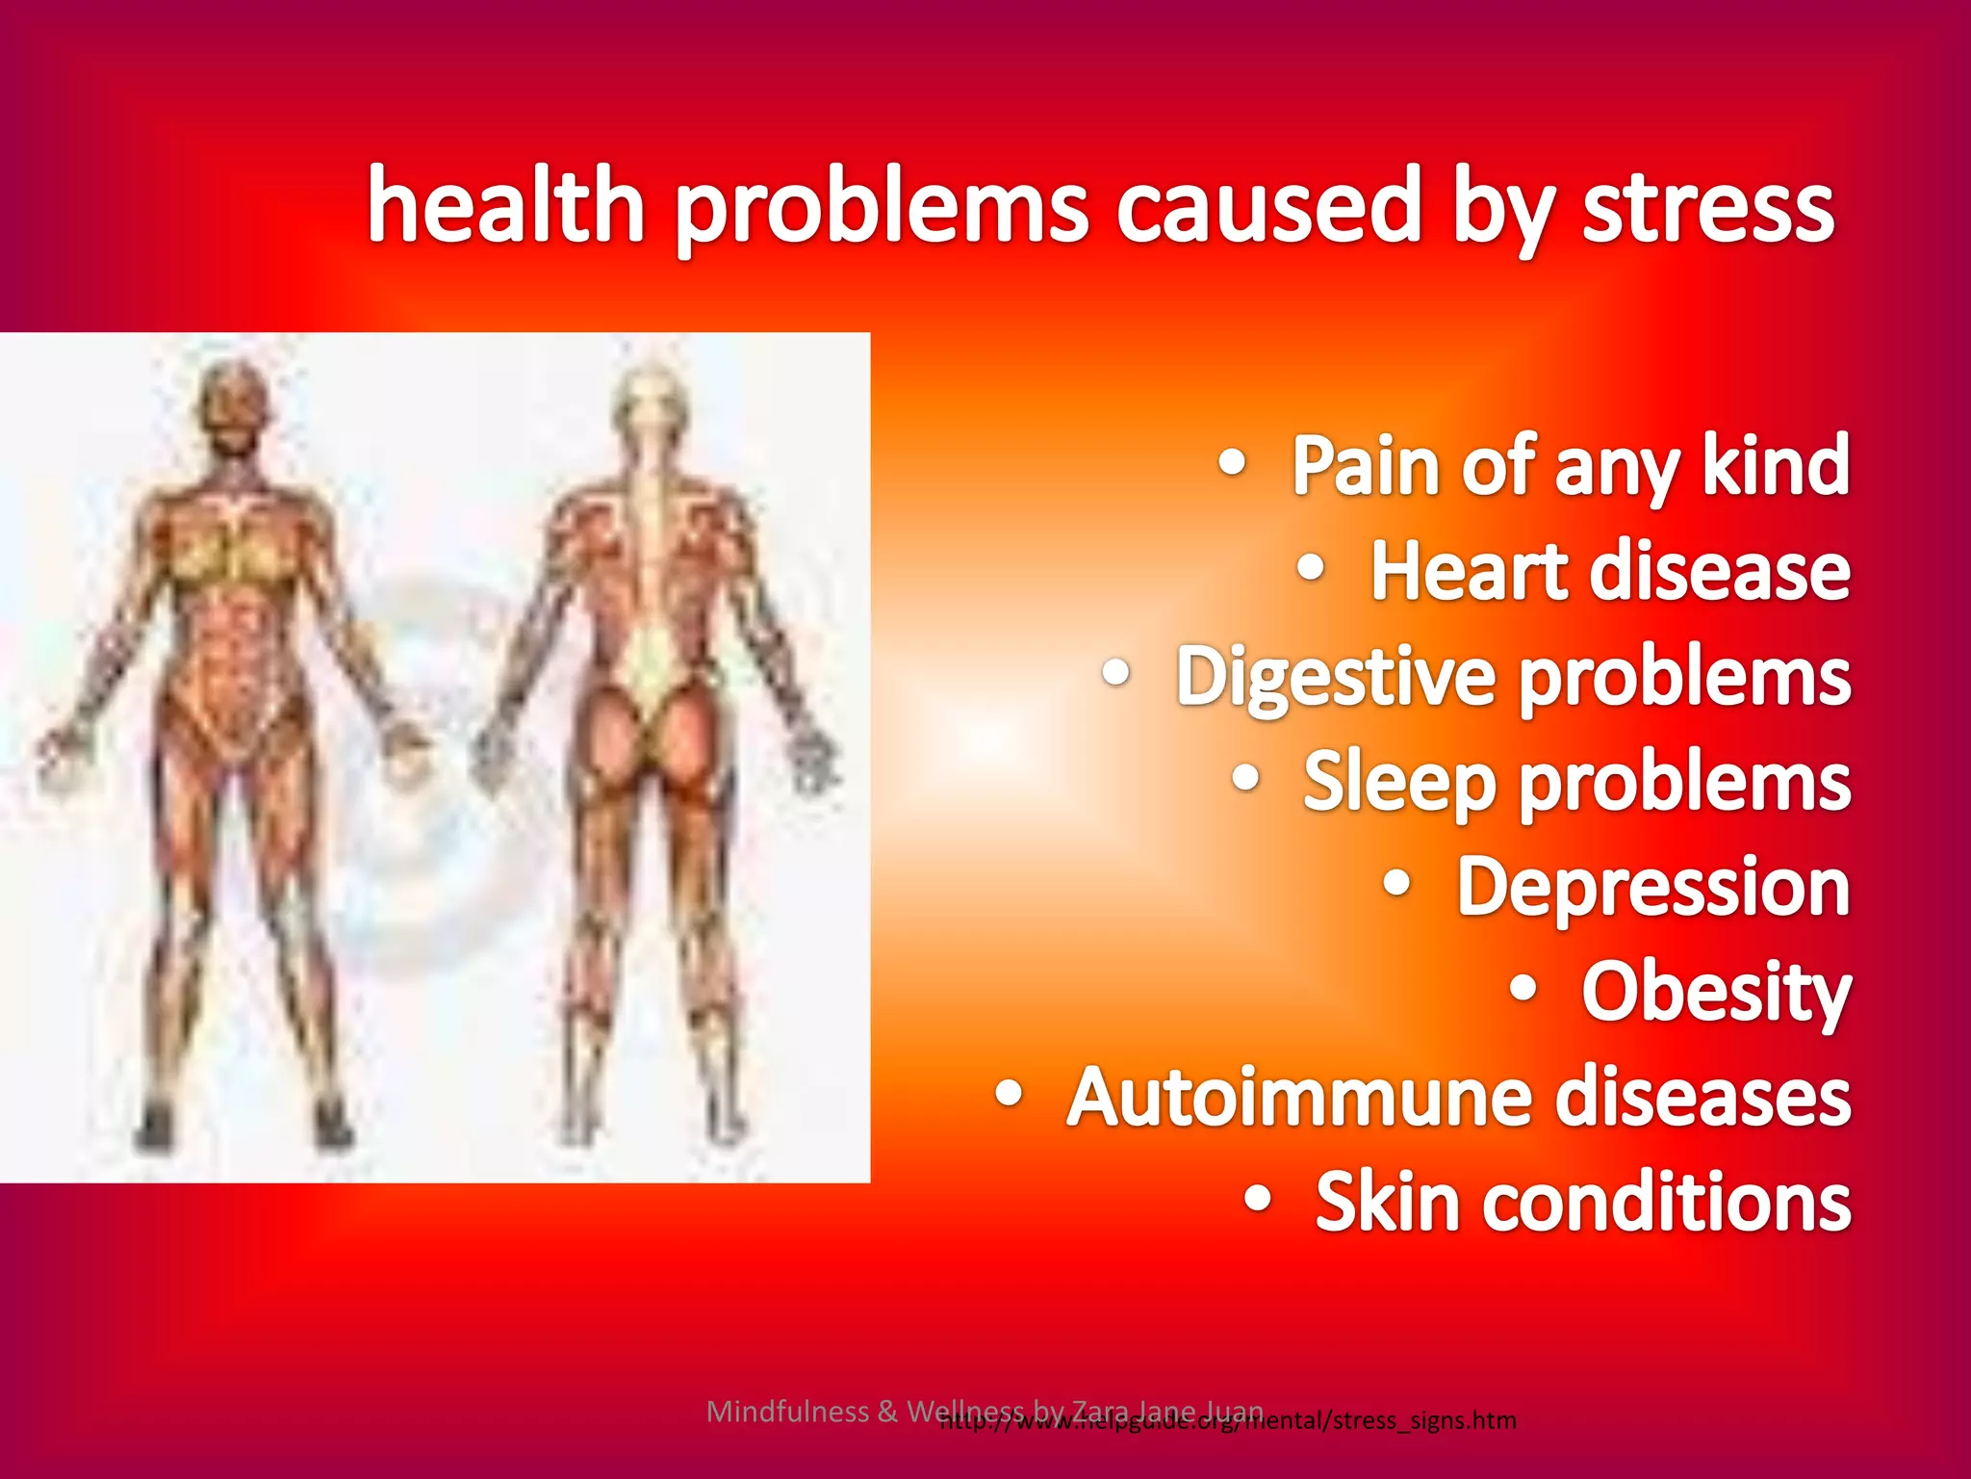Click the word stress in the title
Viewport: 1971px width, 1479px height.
click(x=1708, y=207)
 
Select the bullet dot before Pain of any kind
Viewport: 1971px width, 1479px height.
click(x=1233, y=463)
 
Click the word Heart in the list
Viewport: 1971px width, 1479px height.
click(x=1470, y=570)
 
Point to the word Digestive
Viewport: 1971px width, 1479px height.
click(x=1337, y=678)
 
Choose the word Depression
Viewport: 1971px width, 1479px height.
click(x=1652, y=887)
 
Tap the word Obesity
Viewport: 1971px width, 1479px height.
click(x=1716, y=993)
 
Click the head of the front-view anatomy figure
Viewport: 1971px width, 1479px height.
click(x=232, y=409)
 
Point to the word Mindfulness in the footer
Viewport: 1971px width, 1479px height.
click(x=787, y=1412)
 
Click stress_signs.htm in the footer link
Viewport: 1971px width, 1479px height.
click(x=1424, y=1421)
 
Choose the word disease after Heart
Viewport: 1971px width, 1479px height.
click(x=1720, y=570)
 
